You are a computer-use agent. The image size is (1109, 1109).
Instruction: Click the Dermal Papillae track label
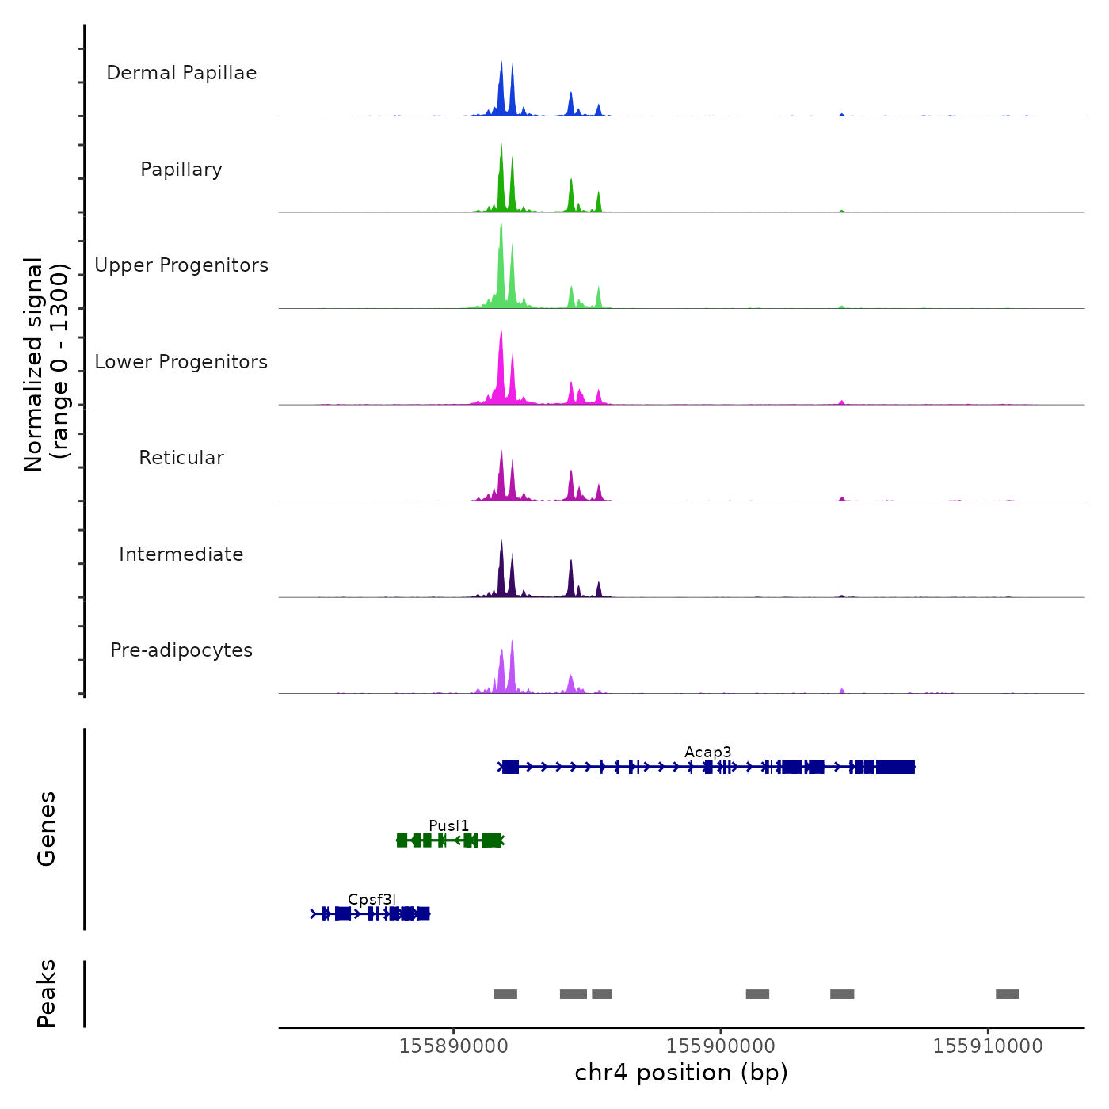pyautogui.click(x=181, y=73)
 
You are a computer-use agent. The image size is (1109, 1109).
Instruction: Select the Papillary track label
pyautogui.click(x=181, y=170)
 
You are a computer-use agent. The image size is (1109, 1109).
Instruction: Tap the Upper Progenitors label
pyautogui.click(x=181, y=265)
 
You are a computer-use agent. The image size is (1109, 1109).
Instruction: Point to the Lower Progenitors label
pyautogui.click(x=181, y=362)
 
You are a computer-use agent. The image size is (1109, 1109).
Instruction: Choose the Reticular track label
pyautogui.click(x=181, y=458)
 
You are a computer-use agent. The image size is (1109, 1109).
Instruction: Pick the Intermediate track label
pyautogui.click(x=181, y=554)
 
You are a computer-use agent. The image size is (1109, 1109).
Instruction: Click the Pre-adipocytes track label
pyautogui.click(x=181, y=650)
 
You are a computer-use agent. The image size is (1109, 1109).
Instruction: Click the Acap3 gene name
pyautogui.click(x=708, y=752)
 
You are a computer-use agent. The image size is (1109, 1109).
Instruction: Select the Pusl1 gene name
pyautogui.click(x=449, y=825)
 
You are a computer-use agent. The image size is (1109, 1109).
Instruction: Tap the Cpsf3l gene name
pyautogui.click(x=372, y=899)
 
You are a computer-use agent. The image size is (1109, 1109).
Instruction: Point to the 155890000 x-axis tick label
pyautogui.click(x=454, y=1046)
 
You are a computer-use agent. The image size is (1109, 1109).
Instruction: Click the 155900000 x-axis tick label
pyautogui.click(x=721, y=1046)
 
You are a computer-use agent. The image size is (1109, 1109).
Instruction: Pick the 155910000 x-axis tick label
pyautogui.click(x=988, y=1046)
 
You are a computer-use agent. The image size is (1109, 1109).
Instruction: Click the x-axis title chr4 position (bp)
pyautogui.click(x=681, y=1073)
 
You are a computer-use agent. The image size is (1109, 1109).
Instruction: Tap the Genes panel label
pyautogui.click(x=47, y=829)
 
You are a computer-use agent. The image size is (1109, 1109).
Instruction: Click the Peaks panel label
pyautogui.click(x=47, y=993)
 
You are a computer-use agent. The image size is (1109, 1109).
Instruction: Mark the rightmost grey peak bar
pyautogui.click(x=1008, y=994)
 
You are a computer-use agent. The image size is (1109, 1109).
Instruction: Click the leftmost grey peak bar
pyautogui.click(x=505, y=994)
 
